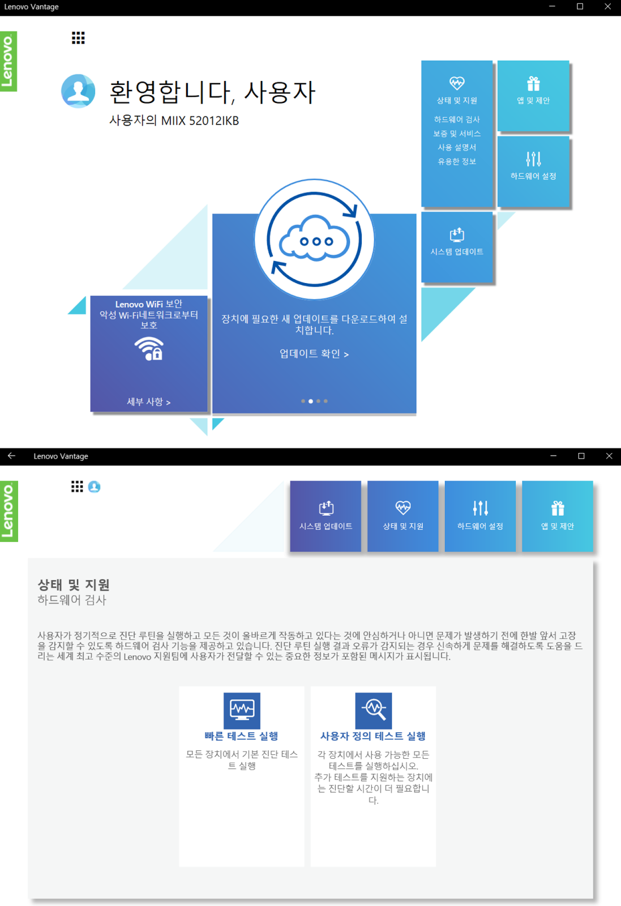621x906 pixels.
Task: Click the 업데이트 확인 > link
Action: [x=314, y=354]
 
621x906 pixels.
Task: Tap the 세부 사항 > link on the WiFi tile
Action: [x=148, y=401]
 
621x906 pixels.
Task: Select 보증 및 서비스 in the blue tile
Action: [x=457, y=134]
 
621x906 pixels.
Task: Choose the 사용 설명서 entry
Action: [x=457, y=147]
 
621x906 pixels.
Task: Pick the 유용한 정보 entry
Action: [x=457, y=161]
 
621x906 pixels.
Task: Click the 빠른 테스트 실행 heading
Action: [x=241, y=736]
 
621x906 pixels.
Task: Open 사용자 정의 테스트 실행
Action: [x=373, y=736]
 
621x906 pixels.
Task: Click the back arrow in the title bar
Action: [x=11, y=456]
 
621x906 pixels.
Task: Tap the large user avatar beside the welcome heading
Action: [x=78, y=91]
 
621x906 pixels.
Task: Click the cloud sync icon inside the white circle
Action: [x=314, y=240]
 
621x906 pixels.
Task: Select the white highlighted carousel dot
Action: [x=310, y=401]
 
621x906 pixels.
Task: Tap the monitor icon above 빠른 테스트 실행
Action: [x=242, y=710]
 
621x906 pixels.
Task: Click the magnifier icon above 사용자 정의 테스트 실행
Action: [x=373, y=710]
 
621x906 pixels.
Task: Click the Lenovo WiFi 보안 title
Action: [x=148, y=304]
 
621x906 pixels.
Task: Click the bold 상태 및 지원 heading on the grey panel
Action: [x=74, y=585]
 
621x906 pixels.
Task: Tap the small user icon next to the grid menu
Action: [x=94, y=487]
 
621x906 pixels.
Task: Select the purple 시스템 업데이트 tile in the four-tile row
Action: [x=326, y=516]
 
